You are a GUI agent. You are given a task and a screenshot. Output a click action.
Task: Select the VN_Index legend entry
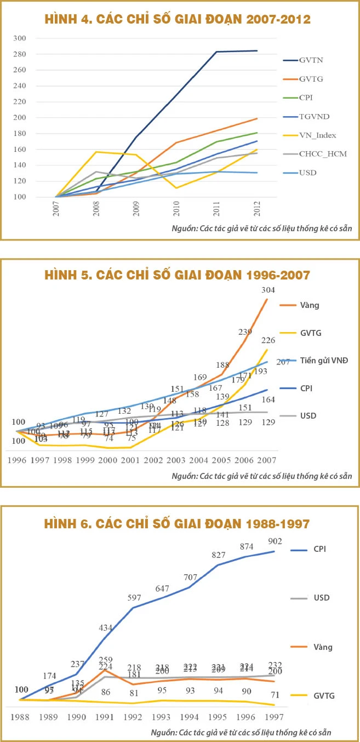[317, 135]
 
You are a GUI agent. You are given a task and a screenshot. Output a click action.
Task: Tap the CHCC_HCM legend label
[322, 154]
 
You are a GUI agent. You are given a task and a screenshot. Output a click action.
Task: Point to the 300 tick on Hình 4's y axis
[35, 38]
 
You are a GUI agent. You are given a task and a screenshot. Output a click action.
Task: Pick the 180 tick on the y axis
[35, 134]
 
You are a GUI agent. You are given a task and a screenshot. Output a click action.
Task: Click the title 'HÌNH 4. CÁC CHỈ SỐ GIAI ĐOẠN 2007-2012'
[177, 20]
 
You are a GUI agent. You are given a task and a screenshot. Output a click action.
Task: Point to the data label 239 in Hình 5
[246, 332]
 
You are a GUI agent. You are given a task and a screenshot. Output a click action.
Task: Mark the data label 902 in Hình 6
[275, 541]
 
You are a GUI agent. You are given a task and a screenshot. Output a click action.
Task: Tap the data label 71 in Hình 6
[275, 695]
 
